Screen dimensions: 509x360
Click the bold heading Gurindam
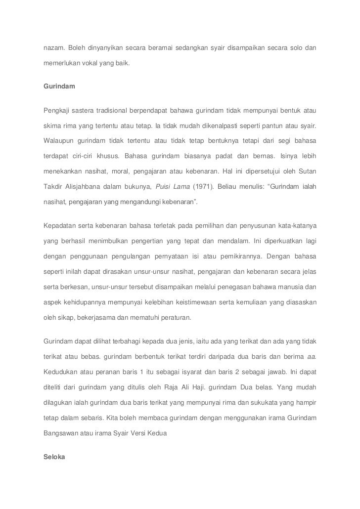pos(59,86)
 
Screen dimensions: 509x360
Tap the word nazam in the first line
pos(53,48)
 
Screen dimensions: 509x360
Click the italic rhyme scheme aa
pos(312,356)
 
